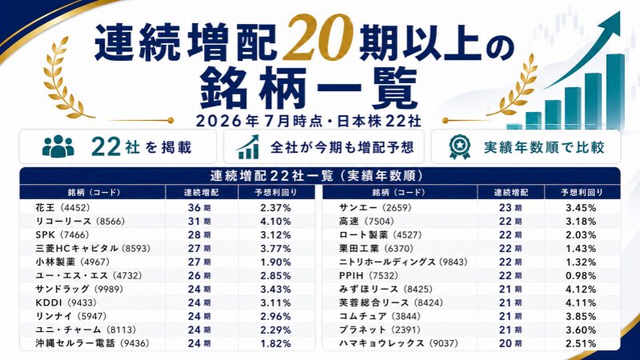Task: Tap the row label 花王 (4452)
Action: [x=62, y=208]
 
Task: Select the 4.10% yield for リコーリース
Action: [x=275, y=222]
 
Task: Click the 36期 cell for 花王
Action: [x=199, y=208]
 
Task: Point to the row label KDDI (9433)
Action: [x=66, y=303]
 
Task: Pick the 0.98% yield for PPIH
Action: [x=581, y=275]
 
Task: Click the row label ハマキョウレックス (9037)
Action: [x=398, y=344]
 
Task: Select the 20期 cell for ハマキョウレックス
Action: [x=510, y=344]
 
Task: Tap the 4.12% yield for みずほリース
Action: [x=581, y=290]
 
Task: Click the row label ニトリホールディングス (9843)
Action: [x=403, y=262]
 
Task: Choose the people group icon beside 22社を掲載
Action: [x=58, y=146]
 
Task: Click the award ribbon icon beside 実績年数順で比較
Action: [x=459, y=147]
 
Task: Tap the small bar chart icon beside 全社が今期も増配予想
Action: [x=248, y=147]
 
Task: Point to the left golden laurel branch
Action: [x=65, y=78]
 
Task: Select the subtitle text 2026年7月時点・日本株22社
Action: [x=309, y=122]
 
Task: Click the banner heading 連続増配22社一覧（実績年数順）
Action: [x=317, y=176]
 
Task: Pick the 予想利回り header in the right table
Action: [x=582, y=192]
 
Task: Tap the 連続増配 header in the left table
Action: [x=202, y=192]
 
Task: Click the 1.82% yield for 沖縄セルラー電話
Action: [x=275, y=344]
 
